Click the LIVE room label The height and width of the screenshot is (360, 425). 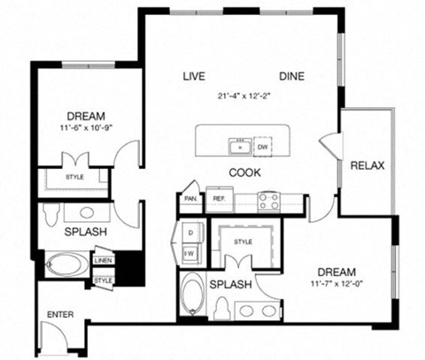tap(194, 76)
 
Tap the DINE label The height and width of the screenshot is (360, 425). tap(291, 76)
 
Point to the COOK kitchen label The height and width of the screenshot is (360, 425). tap(243, 172)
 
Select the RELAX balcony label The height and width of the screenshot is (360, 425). tap(367, 166)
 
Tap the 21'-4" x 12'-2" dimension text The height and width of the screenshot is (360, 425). tap(243, 96)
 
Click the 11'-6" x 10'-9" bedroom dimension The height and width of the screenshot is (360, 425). tap(86, 128)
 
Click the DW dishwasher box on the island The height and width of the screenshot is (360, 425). tap(262, 147)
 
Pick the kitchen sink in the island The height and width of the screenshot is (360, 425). tap(236, 146)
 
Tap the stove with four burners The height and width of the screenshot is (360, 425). tap(269, 201)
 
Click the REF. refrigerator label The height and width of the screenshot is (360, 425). tap(218, 200)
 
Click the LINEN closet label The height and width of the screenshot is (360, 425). tap(104, 261)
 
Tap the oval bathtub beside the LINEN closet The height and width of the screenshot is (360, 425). tap(67, 264)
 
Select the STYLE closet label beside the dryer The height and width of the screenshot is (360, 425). tap(243, 241)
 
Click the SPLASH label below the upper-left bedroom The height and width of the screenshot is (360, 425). tap(85, 232)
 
